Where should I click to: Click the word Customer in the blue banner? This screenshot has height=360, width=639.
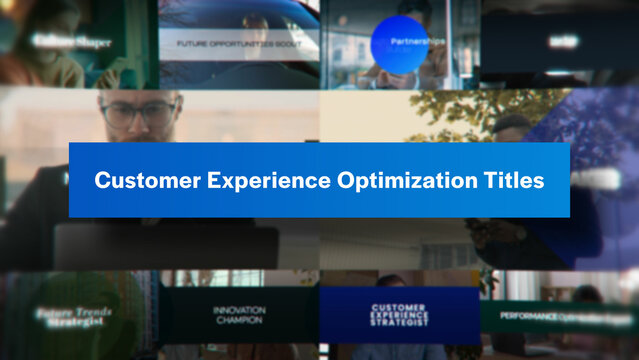click(141, 181)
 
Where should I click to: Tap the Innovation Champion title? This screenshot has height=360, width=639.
click(238, 315)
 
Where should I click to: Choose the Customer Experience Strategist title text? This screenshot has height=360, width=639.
click(399, 315)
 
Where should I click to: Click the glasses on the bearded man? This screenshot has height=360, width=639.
click(140, 113)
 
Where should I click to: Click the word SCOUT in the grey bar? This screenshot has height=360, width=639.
click(291, 44)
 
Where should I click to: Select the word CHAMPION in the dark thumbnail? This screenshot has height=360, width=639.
click(238, 320)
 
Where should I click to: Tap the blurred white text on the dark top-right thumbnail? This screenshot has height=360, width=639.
click(562, 42)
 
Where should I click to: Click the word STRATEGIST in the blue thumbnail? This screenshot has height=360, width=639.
click(399, 323)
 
